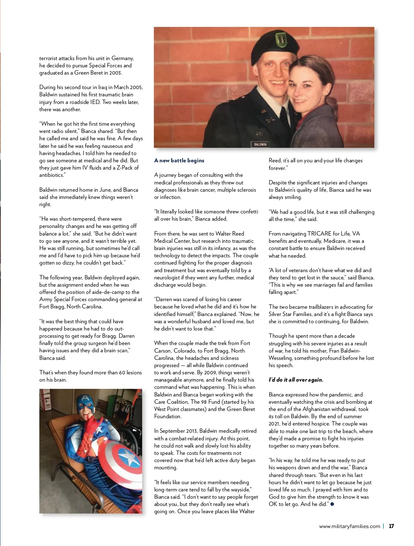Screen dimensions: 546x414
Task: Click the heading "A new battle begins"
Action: [x=179, y=161]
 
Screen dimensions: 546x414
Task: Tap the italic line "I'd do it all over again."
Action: [x=296, y=380]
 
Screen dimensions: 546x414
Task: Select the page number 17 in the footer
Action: [x=391, y=526]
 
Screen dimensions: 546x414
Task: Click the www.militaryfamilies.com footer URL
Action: [x=349, y=526]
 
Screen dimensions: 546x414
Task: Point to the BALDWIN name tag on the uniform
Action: [x=260, y=144]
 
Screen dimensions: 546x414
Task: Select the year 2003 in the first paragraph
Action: [x=116, y=73]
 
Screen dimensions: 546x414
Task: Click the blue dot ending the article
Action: [x=332, y=504]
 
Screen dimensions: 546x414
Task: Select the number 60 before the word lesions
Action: [x=122, y=373]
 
